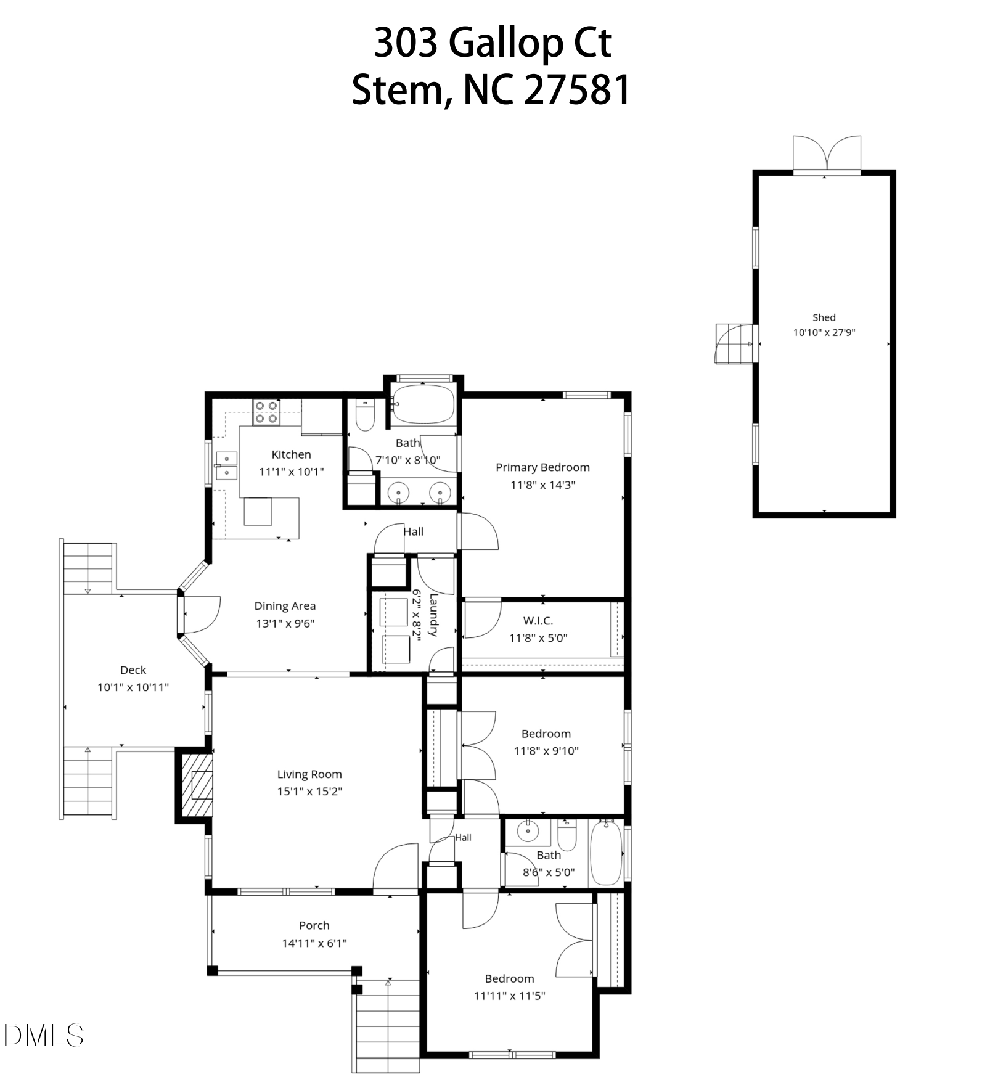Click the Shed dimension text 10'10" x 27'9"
coord(824,332)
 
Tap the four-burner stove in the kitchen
coord(266,412)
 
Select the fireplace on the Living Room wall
coord(195,785)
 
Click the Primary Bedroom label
coord(542,467)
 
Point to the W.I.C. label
coord(538,621)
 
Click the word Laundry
coord(433,615)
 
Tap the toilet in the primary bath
coord(365,414)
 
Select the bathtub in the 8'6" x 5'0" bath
coord(606,852)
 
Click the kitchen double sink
coord(226,465)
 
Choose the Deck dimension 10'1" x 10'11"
coord(133,687)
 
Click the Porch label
coord(314,925)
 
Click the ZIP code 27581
coord(577,90)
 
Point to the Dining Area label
coord(285,606)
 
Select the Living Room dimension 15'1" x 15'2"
coord(309,791)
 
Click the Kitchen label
coord(291,454)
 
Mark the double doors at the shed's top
coord(827,154)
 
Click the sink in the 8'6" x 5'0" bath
coord(528,831)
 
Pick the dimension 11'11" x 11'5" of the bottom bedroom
coord(509,996)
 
